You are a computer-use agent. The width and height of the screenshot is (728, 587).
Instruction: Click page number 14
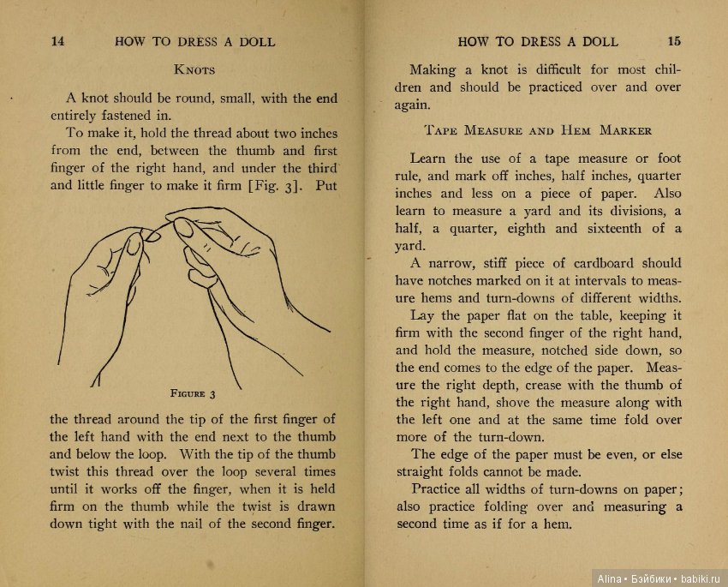pyautogui.click(x=57, y=41)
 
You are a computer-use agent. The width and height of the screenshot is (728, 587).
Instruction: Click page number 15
pyautogui.click(x=674, y=41)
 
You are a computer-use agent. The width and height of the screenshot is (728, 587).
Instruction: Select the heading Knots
pyautogui.click(x=194, y=69)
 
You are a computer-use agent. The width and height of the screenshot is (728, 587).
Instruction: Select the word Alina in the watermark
pyautogui.click(x=608, y=578)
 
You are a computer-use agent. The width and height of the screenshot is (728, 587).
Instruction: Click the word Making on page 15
pyautogui.click(x=433, y=69)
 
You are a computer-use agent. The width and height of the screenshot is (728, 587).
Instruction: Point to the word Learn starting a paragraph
pyautogui.click(x=428, y=158)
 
